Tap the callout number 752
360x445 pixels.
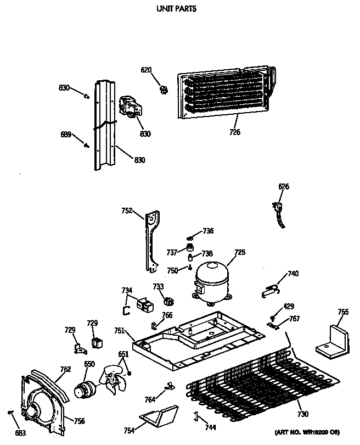point(127,209)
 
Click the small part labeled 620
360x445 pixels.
point(162,88)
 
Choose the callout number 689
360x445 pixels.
point(66,133)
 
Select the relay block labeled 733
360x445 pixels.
point(168,301)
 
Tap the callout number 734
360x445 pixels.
point(127,290)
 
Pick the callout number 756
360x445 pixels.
point(80,421)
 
